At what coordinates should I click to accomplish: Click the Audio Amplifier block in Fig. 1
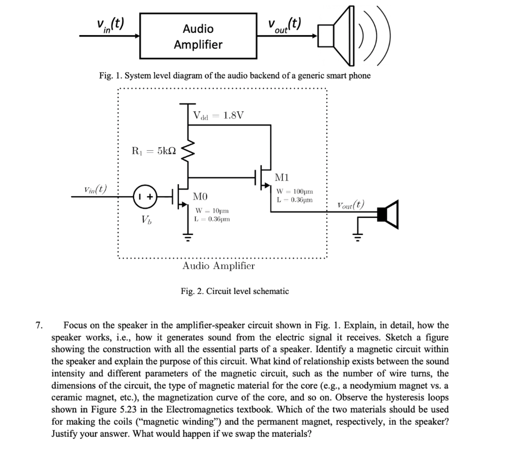[199, 36]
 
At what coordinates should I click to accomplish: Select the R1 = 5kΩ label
[154, 151]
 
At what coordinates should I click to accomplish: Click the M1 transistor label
[283, 178]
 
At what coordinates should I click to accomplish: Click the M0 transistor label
[201, 197]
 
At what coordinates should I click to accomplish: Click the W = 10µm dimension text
[211, 211]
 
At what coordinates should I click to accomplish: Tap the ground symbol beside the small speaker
[357, 237]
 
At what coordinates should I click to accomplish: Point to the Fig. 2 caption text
[235, 291]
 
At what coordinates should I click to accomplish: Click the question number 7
[39, 325]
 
